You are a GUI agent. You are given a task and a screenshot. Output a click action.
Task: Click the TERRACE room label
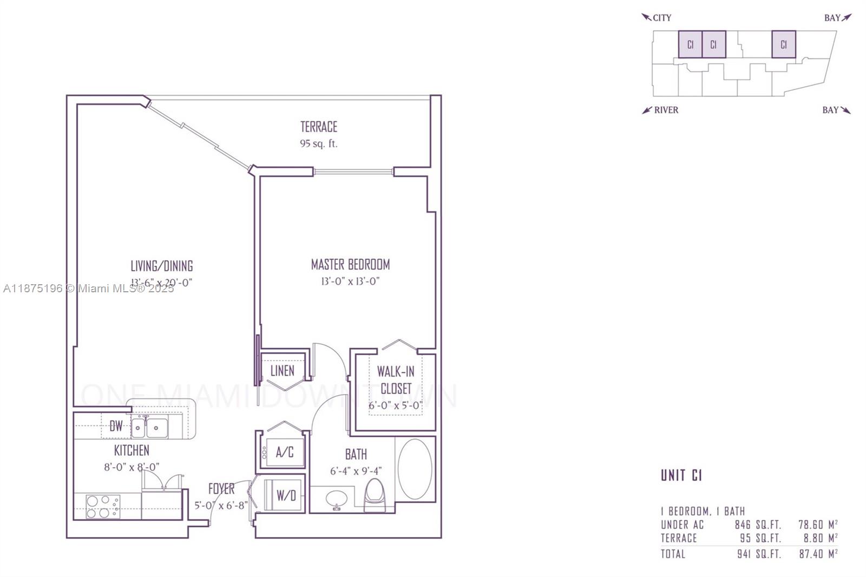pyautogui.click(x=319, y=127)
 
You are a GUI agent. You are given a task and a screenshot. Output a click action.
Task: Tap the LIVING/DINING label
pyautogui.click(x=161, y=266)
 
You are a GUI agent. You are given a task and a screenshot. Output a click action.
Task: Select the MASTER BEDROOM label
pyautogui.click(x=350, y=265)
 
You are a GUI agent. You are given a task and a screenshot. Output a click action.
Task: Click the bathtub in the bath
pyautogui.click(x=415, y=468)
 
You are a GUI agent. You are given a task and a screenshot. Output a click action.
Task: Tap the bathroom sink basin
pyautogui.click(x=337, y=497)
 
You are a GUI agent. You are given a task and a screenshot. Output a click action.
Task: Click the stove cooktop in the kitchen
pyautogui.click(x=103, y=507)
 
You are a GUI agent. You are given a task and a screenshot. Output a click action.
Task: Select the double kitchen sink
pyautogui.click(x=149, y=428)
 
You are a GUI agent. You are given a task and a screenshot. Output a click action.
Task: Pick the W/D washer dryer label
pyautogui.click(x=286, y=495)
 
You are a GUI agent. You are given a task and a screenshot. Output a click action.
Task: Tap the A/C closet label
pyautogui.click(x=285, y=453)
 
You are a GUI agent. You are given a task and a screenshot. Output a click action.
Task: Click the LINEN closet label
pyautogui.click(x=282, y=371)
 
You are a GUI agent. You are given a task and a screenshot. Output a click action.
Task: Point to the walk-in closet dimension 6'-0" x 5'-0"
pyautogui.click(x=395, y=405)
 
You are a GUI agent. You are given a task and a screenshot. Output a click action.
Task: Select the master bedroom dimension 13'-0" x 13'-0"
pyautogui.click(x=350, y=281)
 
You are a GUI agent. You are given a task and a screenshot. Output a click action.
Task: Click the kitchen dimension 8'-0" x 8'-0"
pyautogui.click(x=132, y=467)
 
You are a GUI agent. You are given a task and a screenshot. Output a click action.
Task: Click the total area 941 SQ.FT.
pyautogui.click(x=758, y=554)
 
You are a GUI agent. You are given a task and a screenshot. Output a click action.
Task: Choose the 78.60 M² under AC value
pyautogui.click(x=818, y=524)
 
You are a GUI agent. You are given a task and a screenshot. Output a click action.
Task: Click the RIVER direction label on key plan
pyautogui.click(x=666, y=110)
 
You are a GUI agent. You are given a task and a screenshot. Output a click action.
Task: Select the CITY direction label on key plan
pyautogui.click(x=661, y=18)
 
